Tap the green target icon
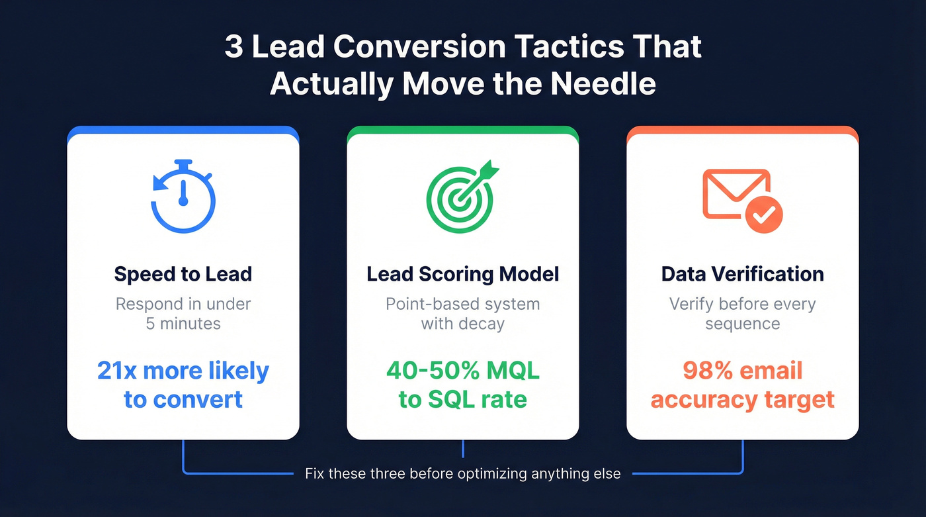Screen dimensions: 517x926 (460, 197)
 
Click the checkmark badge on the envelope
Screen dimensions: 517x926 (764, 213)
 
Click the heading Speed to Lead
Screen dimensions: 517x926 (183, 273)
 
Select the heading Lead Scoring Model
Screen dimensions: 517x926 (463, 273)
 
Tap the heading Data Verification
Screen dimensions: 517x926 (742, 273)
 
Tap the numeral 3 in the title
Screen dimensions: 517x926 (233, 48)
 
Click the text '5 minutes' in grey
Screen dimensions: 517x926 (183, 324)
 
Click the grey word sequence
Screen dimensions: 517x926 (742, 324)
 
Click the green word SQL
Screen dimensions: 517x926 (453, 400)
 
